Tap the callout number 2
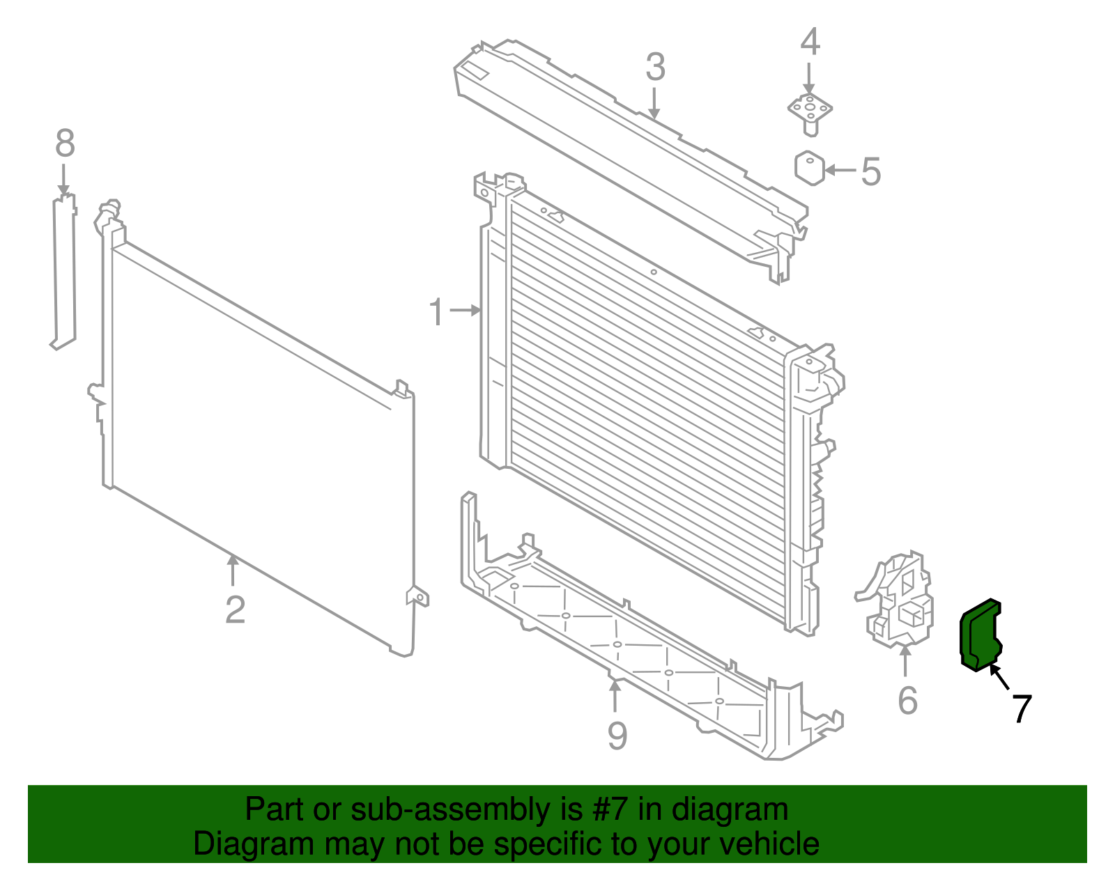[235, 609]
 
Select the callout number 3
[655, 68]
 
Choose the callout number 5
[870, 171]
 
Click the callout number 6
[907, 700]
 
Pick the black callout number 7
[1021, 708]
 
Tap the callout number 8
[65, 143]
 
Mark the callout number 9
[617, 736]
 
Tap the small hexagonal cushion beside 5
[809, 168]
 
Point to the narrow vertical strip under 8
[64, 272]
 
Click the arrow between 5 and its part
[841, 170]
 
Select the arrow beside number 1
[466, 311]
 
